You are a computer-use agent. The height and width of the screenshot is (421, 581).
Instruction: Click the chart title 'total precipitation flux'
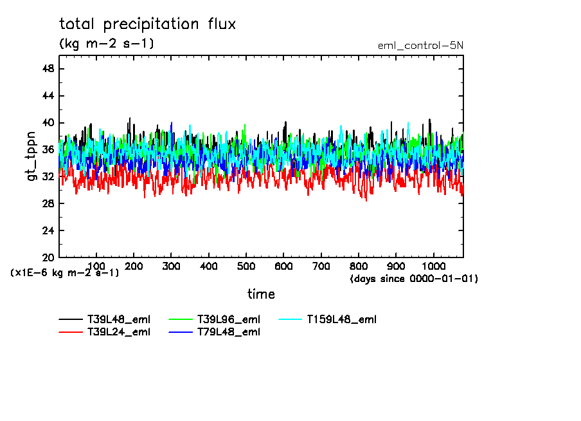pos(148,25)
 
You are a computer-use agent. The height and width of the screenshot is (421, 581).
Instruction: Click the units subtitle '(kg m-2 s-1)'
pos(107,44)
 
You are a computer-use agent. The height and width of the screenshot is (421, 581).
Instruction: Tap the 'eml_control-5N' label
pos(420,45)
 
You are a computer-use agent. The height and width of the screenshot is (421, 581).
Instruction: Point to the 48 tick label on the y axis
pos(48,69)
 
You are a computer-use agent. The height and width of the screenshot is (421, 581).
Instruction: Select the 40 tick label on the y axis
pos(48,123)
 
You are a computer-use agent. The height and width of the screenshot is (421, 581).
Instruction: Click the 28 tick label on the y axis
pos(48,203)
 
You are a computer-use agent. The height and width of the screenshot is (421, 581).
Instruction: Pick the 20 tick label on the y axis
pos(48,257)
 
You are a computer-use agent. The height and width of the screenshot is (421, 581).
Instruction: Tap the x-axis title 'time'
pos(261,294)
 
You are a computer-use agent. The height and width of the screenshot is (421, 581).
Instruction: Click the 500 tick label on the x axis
pos(246,266)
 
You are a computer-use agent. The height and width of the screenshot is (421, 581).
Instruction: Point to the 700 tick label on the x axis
pos(321,266)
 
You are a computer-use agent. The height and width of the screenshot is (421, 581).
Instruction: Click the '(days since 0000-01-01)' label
pos(414,279)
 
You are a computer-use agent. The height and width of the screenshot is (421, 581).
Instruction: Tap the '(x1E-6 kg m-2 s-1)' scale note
pos(65,273)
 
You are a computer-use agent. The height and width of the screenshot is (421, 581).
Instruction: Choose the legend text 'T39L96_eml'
pos(229,319)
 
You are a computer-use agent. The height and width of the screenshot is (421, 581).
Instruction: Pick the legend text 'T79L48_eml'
pos(229,332)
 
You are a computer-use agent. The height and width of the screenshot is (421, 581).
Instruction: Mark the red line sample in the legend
pos(70,332)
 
